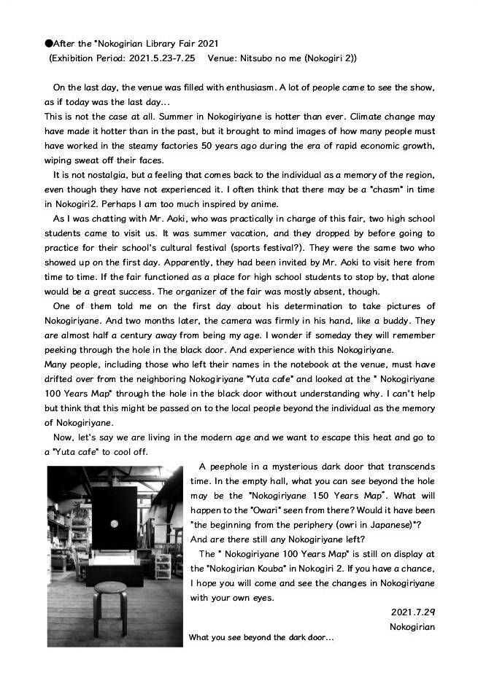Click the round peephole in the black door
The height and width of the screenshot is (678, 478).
tap(114, 523)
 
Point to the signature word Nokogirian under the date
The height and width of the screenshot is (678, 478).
tap(412, 626)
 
